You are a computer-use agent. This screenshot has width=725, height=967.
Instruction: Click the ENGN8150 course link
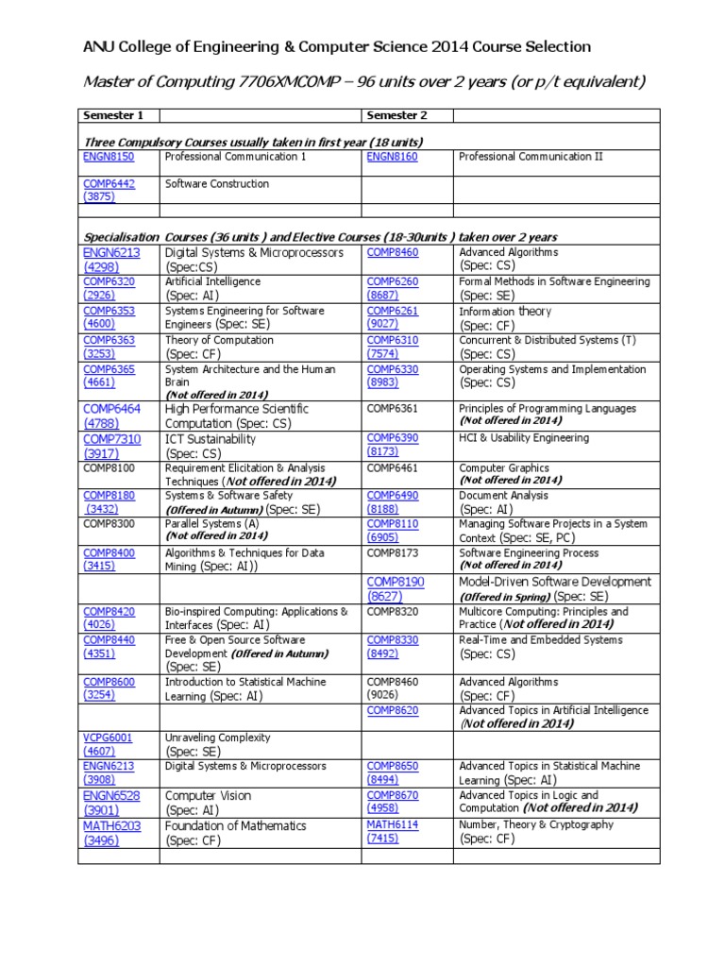(x=109, y=157)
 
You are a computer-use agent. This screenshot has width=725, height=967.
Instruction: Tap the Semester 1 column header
(x=113, y=115)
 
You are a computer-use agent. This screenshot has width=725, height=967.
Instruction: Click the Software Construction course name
(x=217, y=184)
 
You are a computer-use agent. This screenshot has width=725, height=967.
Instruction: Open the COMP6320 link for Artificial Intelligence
(x=109, y=281)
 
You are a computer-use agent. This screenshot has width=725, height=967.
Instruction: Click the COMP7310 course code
(x=112, y=439)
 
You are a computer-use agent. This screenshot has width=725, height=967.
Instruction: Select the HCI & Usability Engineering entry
(x=523, y=438)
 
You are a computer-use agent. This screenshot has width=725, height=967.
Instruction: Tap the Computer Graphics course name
(x=504, y=467)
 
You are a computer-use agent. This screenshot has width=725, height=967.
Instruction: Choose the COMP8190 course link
(x=396, y=583)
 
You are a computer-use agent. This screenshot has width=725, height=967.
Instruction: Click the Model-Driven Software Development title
(x=555, y=582)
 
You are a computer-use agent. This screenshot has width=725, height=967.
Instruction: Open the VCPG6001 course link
(x=109, y=738)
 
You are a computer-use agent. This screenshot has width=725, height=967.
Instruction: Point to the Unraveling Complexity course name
(x=218, y=738)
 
